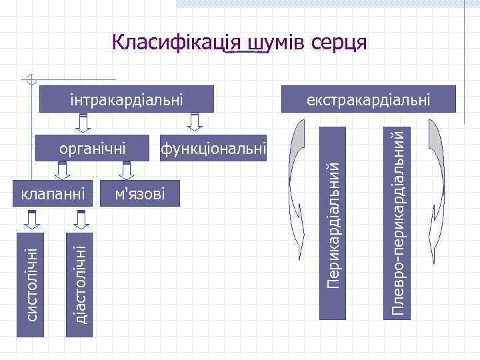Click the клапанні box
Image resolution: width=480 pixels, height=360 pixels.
[53, 194]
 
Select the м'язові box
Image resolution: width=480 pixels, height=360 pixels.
[139, 194]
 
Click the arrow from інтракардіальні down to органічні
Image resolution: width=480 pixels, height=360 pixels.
[83, 123]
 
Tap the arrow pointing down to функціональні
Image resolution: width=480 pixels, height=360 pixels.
[194, 123]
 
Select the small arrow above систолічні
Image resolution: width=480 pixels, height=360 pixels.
[32, 218]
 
